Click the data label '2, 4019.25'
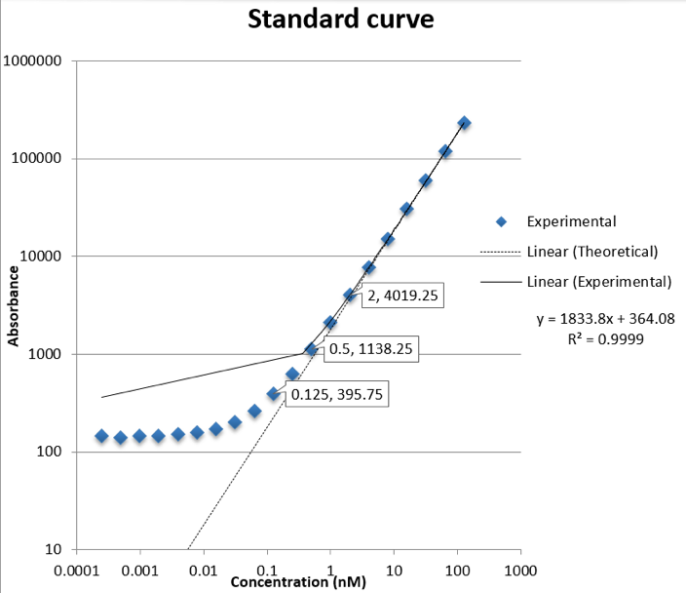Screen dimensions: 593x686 point(402,297)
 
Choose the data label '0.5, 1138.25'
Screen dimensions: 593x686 point(371,350)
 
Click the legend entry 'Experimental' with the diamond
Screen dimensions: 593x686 point(571,221)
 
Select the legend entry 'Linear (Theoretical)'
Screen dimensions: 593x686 point(592,252)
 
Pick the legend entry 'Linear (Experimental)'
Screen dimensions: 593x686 point(598,282)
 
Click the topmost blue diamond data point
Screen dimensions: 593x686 point(464,123)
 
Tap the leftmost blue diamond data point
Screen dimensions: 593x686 point(101,436)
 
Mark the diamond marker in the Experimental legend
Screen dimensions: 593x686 point(501,221)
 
